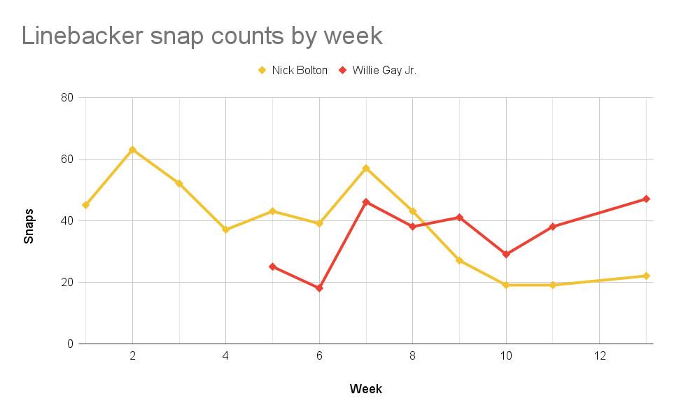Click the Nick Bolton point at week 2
tap(132, 150)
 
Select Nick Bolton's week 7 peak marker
tap(366, 168)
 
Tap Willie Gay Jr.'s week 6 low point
tap(319, 288)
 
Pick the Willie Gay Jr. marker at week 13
tap(646, 199)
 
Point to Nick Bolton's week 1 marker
tap(85, 205)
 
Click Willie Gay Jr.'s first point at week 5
tap(272, 267)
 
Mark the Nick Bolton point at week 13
tap(646, 276)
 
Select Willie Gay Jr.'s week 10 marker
tap(506, 254)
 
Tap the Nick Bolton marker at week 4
tap(225, 229)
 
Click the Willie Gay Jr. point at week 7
tap(366, 202)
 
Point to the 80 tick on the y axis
tap(67, 97)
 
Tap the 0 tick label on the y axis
tap(71, 344)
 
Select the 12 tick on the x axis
tap(599, 355)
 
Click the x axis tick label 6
tap(319, 355)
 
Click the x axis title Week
tap(366, 389)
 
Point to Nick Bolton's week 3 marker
tap(179, 183)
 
